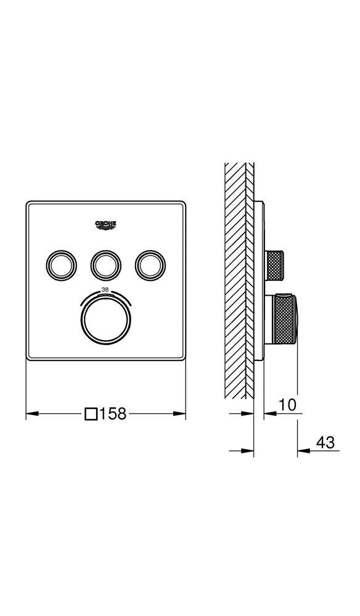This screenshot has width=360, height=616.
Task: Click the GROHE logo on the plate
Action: [106, 225]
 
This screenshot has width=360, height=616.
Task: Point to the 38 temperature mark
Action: [105, 290]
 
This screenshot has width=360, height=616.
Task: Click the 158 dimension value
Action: [113, 413]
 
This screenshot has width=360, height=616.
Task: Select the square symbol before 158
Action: [91, 414]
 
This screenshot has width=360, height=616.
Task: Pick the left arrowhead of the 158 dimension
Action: [32, 414]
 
